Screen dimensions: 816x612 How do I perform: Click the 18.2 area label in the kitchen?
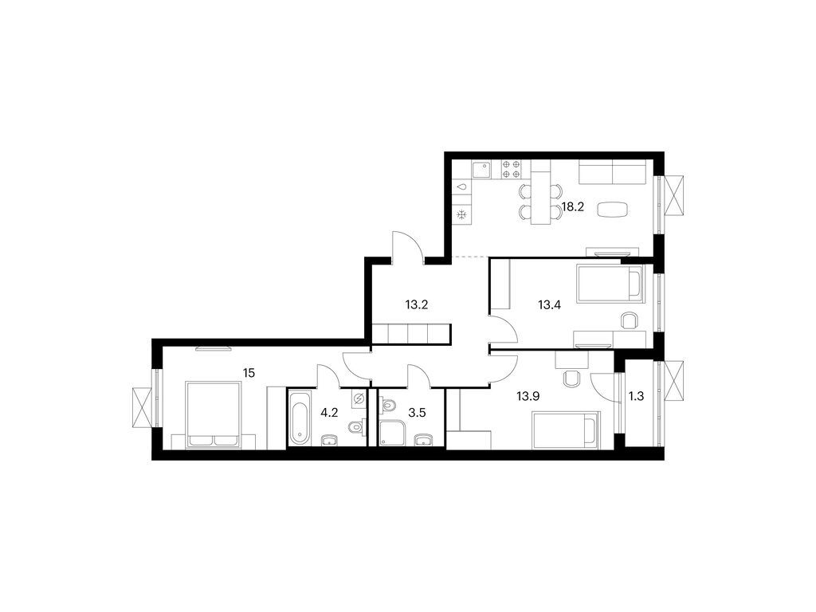572,206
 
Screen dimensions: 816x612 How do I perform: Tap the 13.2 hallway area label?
416,304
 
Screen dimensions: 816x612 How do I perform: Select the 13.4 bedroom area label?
549,304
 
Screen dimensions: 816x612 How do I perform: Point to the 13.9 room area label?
528,397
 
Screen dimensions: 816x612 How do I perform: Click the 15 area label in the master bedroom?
249,373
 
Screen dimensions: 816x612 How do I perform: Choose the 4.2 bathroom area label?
329,414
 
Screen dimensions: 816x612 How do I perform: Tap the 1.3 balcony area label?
637,397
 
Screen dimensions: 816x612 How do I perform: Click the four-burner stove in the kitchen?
511,170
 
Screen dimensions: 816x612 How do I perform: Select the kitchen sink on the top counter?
482,170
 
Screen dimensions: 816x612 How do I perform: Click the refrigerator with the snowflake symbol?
461,214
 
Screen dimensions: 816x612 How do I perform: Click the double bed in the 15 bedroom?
214,414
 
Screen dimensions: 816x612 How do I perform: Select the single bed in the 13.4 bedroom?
610,284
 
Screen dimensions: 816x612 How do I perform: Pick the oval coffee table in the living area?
613,210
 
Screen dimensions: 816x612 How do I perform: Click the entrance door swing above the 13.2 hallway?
409,247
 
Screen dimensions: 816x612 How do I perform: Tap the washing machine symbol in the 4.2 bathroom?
359,399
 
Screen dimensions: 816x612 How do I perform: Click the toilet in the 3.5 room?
388,404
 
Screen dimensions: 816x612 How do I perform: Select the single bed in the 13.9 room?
567,430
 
